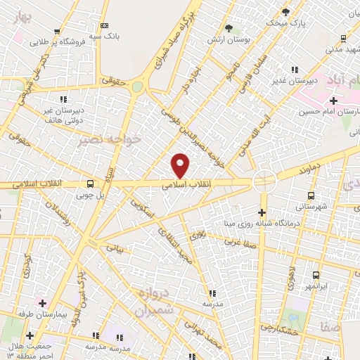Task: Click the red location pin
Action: pos(181,166)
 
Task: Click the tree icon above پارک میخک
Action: pos(285,12)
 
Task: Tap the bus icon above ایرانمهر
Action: pos(315,275)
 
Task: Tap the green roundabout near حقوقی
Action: pos(137,87)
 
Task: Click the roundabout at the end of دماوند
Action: pos(265,181)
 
